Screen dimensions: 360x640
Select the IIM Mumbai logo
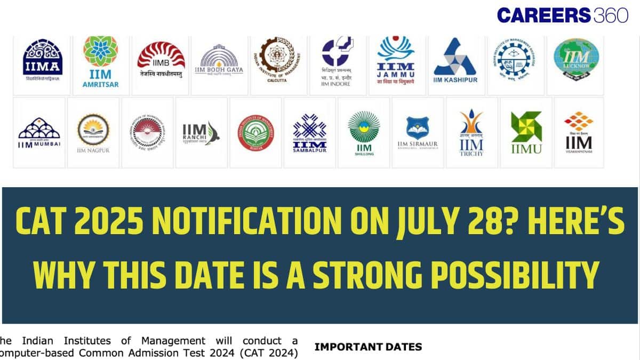[x=39, y=133]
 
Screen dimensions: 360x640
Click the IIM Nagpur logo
[x=93, y=133]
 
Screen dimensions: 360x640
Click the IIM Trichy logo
[x=471, y=132]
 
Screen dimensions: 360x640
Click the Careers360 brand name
[x=562, y=15]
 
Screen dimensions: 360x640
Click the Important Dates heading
[x=368, y=347]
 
